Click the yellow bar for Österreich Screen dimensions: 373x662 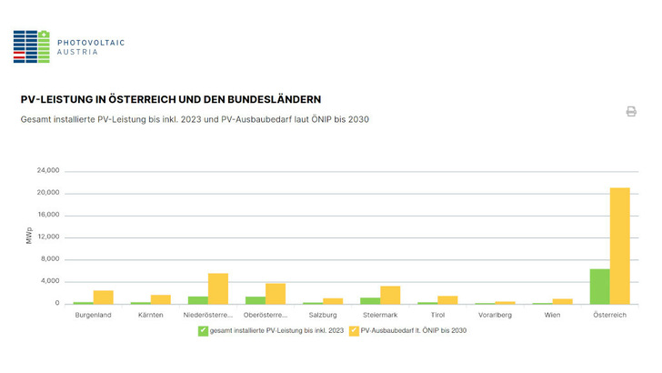pyautogui.click(x=620, y=246)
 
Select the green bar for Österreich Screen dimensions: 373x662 pyautogui.click(x=599, y=287)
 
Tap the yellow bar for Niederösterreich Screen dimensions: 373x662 pyautogui.click(x=218, y=288)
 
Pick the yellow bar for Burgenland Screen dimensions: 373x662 pyautogui.click(x=104, y=297)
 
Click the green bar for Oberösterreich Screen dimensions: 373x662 pyautogui.click(x=256, y=300)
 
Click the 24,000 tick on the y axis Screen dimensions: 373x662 pyautogui.click(x=47, y=171)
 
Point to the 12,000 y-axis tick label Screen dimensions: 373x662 pyautogui.click(x=47, y=237)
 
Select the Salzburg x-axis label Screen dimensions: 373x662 pyautogui.click(x=322, y=316)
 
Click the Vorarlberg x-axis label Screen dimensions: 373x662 pyautogui.click(x=494, y=316)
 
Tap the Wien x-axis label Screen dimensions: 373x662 pyautogui.click(x=552, y=316)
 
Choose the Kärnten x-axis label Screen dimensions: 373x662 pyautogui.click(x=150, y=316)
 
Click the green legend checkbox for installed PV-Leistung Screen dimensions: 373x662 pyautogui.click(x=203, y=330)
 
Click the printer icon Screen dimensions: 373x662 pyautogui.click(x=631, y=111)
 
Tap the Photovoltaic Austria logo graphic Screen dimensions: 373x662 pyautogui.click(x=31, y=46)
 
